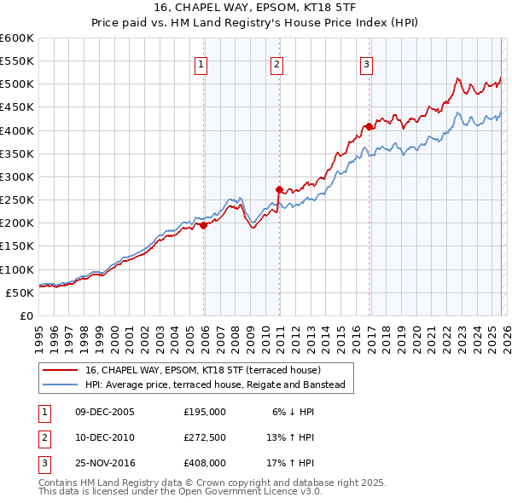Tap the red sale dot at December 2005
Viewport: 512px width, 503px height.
click(204, 226)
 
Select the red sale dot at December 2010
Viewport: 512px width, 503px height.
click(279, 189)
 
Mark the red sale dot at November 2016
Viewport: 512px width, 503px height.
click(369, 126)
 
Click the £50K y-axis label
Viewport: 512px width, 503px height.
click(20, 292)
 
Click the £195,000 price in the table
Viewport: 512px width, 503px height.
click(205, 411)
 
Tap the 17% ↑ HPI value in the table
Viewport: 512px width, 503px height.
click(292, 464)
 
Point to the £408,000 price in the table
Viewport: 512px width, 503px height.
click(205, 464)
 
